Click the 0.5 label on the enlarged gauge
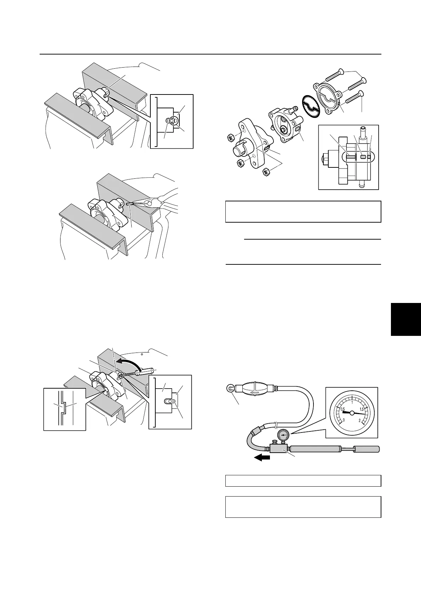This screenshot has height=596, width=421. (x=343, y=409)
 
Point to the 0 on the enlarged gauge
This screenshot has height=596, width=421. (x=344, y=420)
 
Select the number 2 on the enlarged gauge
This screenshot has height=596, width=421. (x=360, y=420)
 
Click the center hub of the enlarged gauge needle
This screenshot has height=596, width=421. (x=352, y=413)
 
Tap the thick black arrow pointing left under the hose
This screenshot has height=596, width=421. (x=262, y=457)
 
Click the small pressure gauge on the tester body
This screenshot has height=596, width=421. (x=282, y=435)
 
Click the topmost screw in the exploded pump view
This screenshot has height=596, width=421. (x=333, y=75)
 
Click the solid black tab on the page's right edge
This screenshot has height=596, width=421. (x=406, y=319)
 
